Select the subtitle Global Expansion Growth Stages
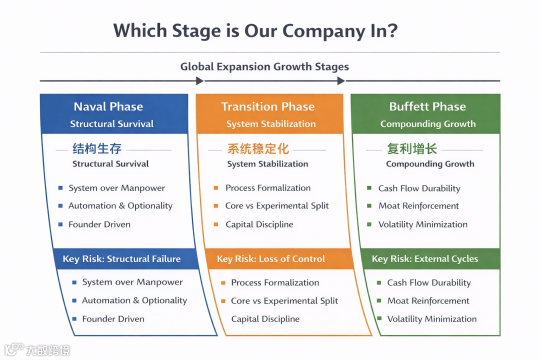click(264, 66)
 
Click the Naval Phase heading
click(108, 106)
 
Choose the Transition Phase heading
click(268, 106)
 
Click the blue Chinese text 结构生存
click(97, 148)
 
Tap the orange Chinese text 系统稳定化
click(258, 148)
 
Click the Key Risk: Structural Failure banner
click(121, 259)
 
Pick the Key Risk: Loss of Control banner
click(271, 259)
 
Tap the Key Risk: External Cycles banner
click(425, 259)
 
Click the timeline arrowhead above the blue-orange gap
click(200, 81)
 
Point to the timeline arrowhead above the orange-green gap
click(341, 81)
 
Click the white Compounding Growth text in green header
click(428, 124)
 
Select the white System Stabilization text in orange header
click(271, 124)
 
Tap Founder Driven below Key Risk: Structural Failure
click(113, 319)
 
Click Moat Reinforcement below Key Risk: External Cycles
click(428, 301)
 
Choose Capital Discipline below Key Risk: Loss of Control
click(265, 319)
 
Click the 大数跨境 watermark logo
click(37, 349)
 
